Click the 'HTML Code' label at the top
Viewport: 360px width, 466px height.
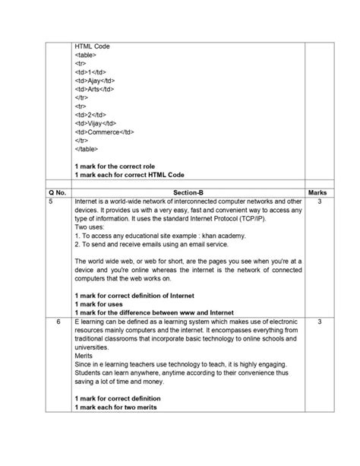pos(92,46)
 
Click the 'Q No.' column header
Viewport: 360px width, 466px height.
pos(57,193)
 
